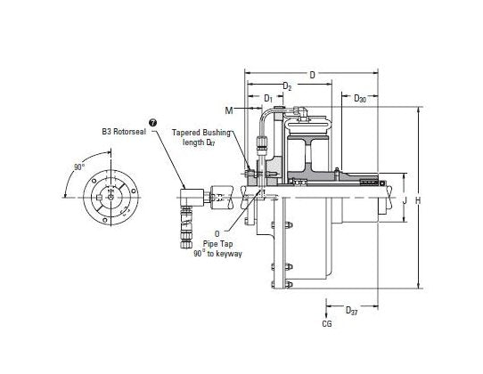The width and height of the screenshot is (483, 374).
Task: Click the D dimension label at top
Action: pos(313,75)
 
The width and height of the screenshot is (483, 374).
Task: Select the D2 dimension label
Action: pos(287,86)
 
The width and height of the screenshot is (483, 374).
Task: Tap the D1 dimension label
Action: pos(268,99)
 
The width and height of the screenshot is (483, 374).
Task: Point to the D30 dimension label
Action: pos(360,99)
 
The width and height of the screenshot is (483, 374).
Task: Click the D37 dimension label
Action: pos(351,310)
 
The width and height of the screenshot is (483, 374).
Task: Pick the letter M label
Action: pos(229,110)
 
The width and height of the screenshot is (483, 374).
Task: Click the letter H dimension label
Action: pos(418,200)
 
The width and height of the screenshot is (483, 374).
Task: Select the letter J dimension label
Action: pos(405,200)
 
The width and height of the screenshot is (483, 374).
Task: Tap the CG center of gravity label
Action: pos(327,324)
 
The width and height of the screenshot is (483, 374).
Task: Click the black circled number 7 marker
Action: pos(152,123)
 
